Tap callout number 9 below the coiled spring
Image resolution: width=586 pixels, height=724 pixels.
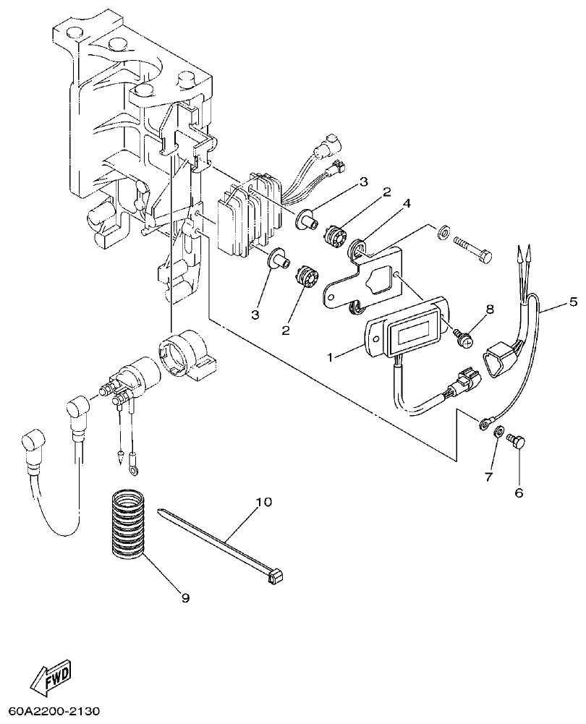click(x=185, y=597)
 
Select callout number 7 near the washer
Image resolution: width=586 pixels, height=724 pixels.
click(x=488, y=478)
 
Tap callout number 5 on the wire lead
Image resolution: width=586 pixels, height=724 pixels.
click(x=573, y=302)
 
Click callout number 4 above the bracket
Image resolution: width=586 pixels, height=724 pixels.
click(x=407, y=204)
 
